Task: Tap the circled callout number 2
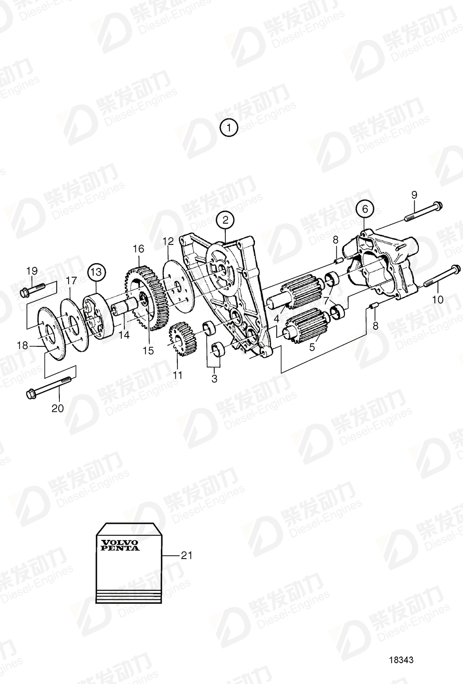point(225,220)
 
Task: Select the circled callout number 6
point(365,209)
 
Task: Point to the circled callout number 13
point(96,272)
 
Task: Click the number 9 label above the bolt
point(414,195)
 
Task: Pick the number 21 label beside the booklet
point(186,556)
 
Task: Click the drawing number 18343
point(401,660)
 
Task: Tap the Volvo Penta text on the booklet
point(120,545)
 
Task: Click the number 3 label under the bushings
point(214,379)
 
